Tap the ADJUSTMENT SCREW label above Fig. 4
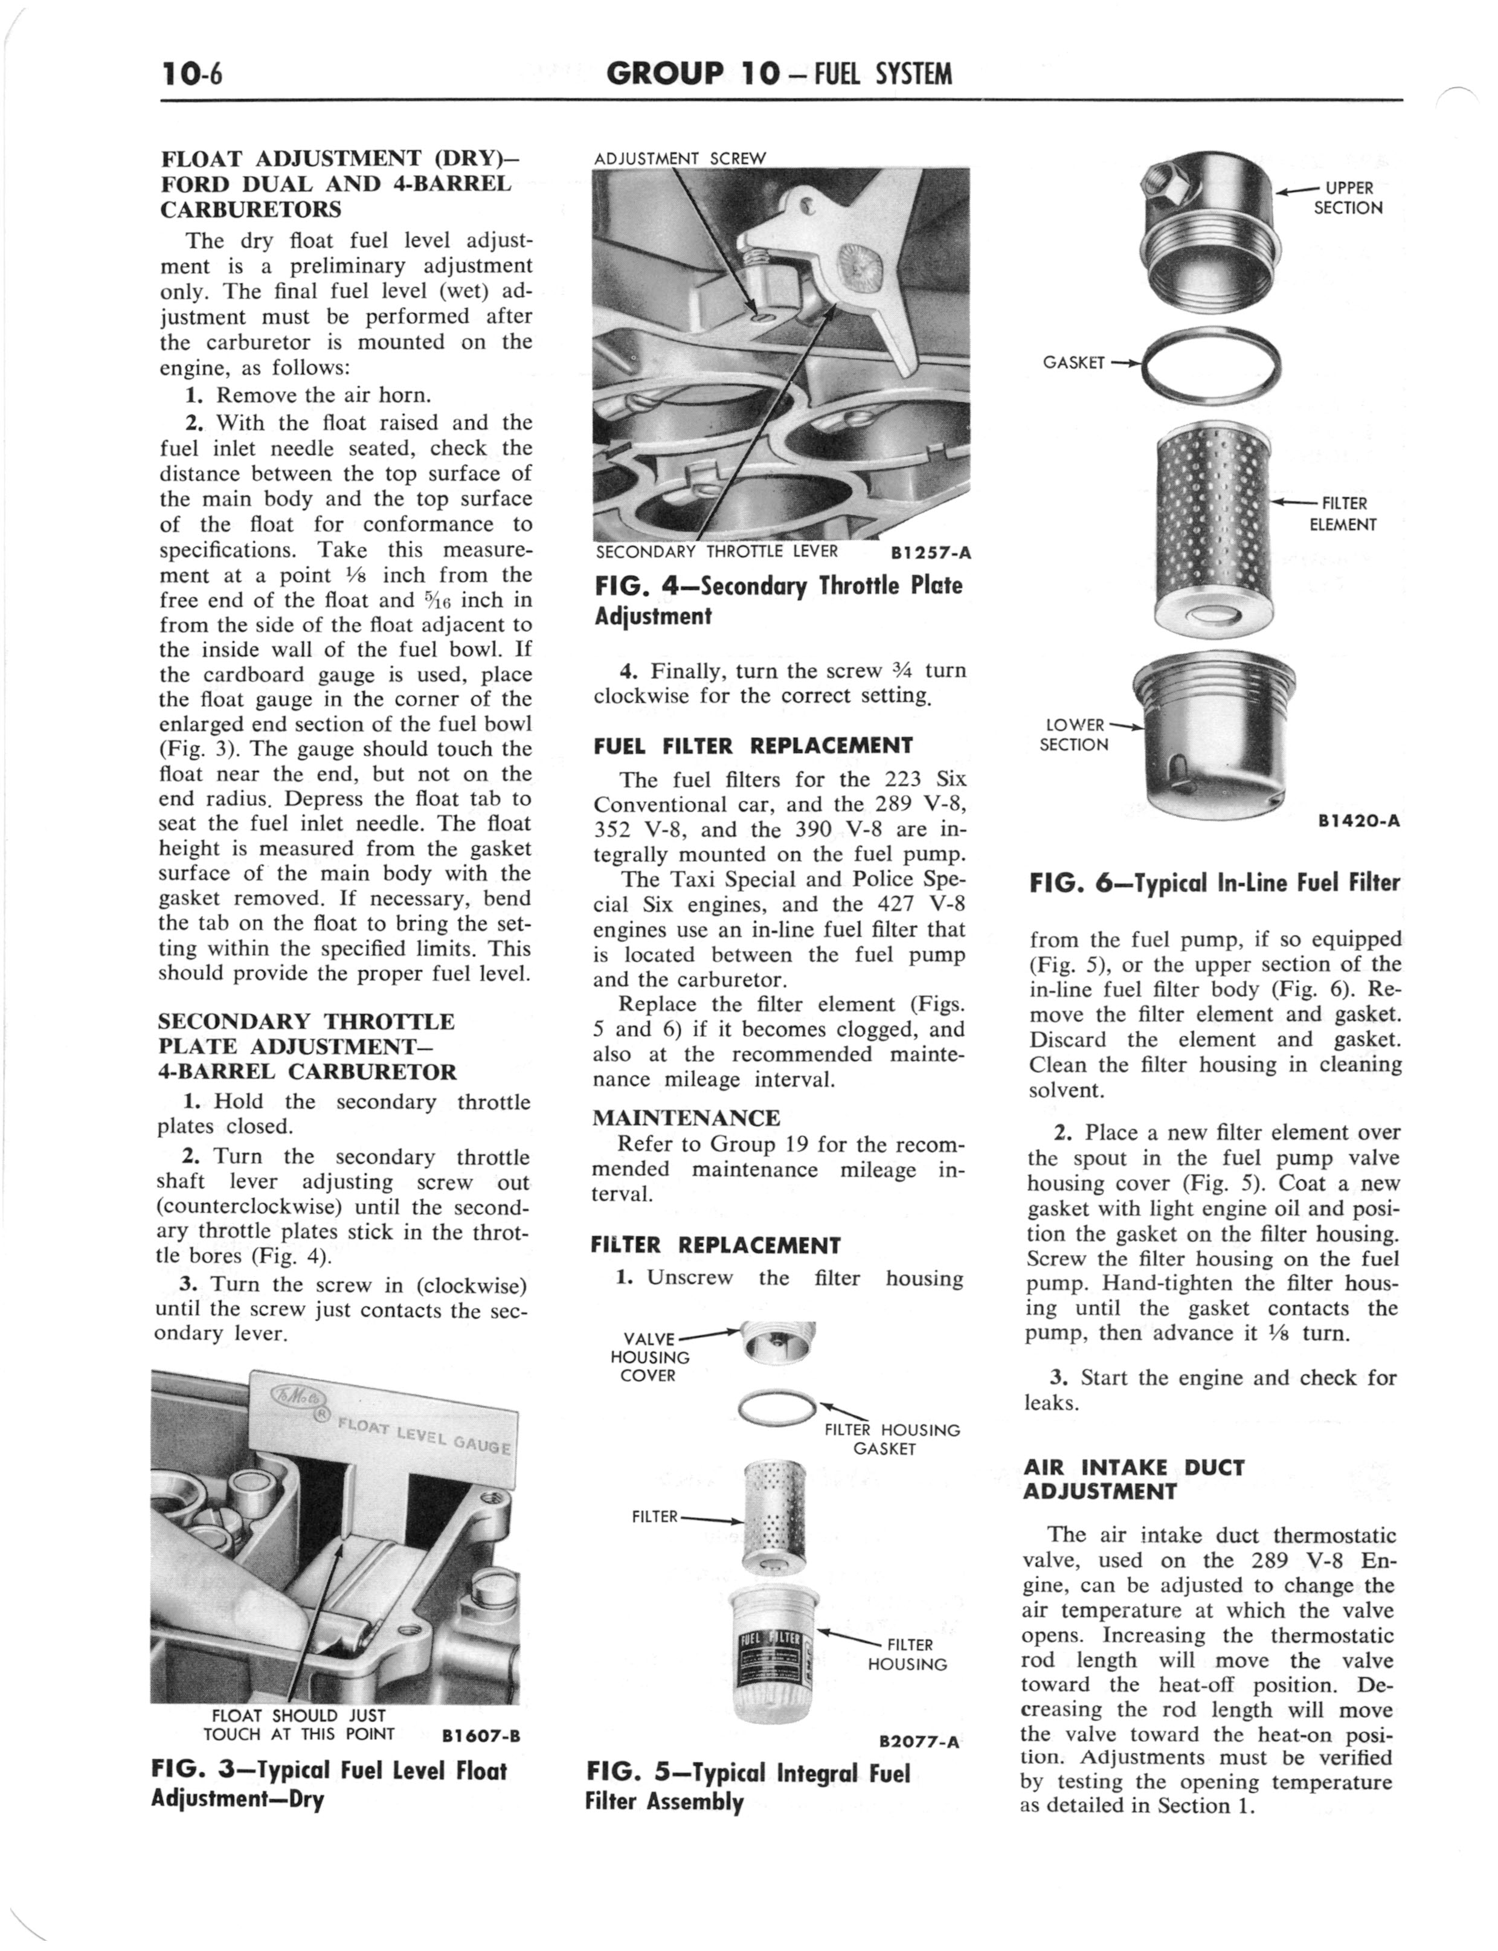(x=680, y=159)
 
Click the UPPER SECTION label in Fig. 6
(x=1348, y=198)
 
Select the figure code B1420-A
(x=1358, y=821)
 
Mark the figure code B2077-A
(x=918, y=1741)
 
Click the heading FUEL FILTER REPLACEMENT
(x=753, y=746)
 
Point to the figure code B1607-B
(x=481, y=1736)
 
